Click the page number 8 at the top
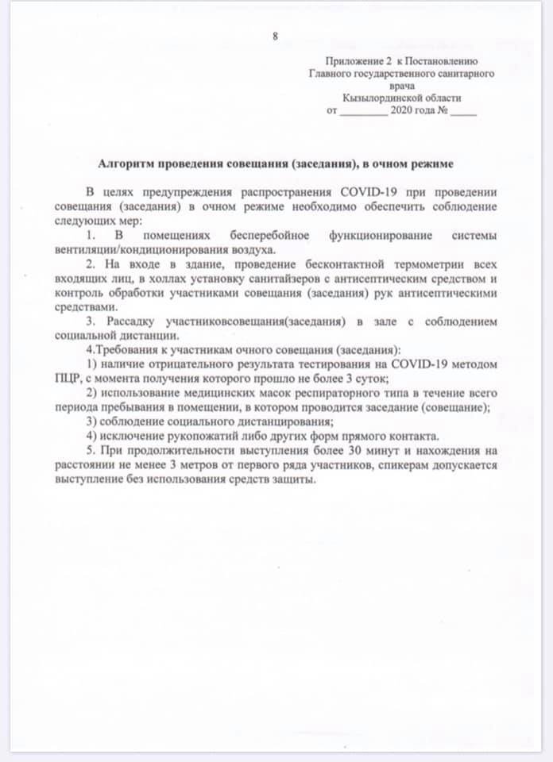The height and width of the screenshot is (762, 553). [x=276, y=37]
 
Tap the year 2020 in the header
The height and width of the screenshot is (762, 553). [x=401, y=111]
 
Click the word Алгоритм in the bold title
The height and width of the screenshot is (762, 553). [x=126, y=164]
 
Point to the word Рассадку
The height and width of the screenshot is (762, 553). [x=131, y=321]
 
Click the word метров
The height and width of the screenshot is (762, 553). [x=192, y=464]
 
